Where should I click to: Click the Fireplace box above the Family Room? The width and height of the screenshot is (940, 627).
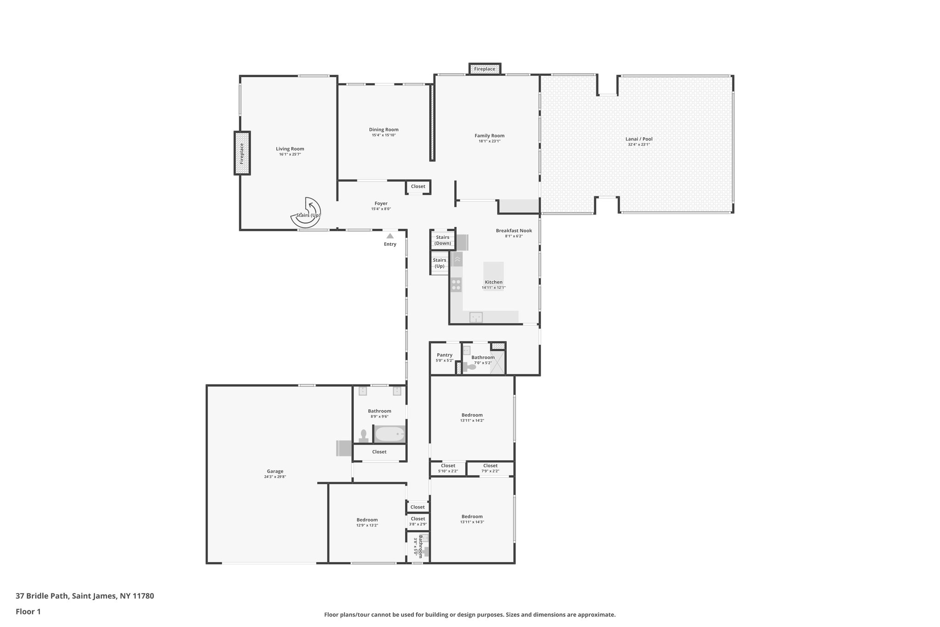485,69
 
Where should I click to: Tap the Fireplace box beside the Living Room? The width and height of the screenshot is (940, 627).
242,153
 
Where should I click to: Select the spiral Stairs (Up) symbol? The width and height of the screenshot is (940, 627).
306,213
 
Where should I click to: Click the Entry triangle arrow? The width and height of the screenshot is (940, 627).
390,236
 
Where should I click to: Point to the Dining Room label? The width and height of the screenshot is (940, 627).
384,130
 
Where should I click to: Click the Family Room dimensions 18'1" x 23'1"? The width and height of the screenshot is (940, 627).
489,141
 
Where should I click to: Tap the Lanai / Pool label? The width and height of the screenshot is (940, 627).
638,139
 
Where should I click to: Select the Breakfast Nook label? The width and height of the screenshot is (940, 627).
514,231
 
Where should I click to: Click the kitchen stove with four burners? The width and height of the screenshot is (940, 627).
456,285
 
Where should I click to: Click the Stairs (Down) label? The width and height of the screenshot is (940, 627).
443,240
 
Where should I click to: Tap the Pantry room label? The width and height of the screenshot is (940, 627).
444,355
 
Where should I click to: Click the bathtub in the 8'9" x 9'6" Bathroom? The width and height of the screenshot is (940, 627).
390,434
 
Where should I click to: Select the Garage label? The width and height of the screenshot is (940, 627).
275,471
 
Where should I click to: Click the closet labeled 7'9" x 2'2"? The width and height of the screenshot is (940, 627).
490,468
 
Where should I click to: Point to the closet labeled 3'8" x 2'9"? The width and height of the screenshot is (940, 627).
418,521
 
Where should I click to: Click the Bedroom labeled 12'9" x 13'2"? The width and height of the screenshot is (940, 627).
367,522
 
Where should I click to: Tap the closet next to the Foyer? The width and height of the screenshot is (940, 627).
418,186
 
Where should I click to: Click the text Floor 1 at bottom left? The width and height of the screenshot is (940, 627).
28,611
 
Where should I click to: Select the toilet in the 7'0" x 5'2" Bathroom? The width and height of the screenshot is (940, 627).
470,367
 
